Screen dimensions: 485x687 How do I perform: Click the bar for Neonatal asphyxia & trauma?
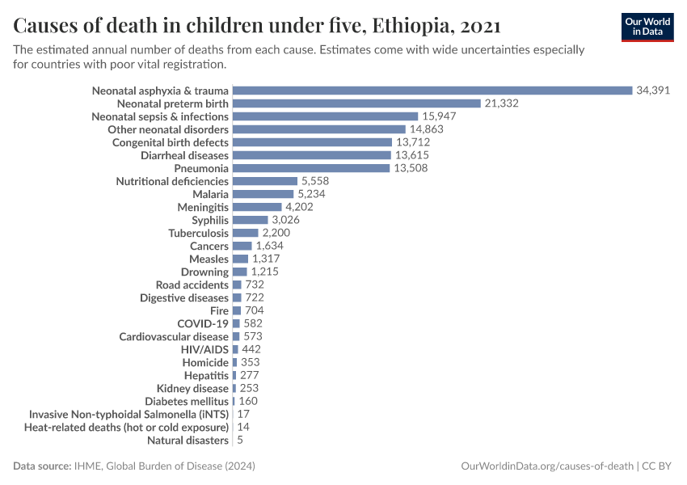pyautogui.click(x=432, y=91)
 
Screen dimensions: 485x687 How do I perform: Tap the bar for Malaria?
pyautogui.click(x=263, y=194)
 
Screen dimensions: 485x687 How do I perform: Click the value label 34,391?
pyautogui.click(x=653, y=91)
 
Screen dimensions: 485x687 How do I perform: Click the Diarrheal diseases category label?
pyautogui.click(x=184, y=155)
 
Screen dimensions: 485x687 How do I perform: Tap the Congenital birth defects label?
pyautogui.click(x=170, y=142)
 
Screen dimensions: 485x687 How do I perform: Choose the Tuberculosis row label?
pyautogui.click(x=198, y=233)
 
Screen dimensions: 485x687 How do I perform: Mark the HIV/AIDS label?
pyautogui.click(x=204, y=349)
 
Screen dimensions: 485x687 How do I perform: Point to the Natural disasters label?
pyautogui.click(x=188, y=441)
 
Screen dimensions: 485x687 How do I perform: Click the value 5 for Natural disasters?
pyautogui.click(x=239, y=441)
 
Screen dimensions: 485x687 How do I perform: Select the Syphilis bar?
pyautogui.click(x=250, y=220)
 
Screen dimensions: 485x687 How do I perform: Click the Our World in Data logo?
pyautogui.click(x=647, y=27)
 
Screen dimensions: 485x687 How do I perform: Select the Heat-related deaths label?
pyautogui.click(x=126, y=427)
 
